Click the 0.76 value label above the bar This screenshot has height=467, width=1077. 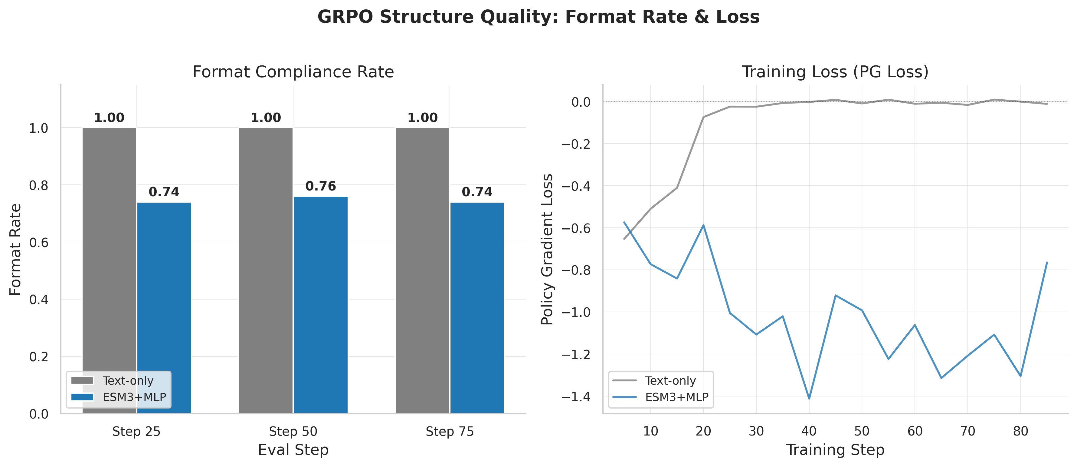(321, 186)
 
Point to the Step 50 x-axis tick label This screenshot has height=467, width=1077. (293, 432)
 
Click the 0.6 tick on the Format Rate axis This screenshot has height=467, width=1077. (38, 243)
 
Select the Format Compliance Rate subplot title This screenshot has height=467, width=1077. (293, 72)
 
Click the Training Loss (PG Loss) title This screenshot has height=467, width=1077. (835, 72)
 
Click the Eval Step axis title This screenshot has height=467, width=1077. (293, 450)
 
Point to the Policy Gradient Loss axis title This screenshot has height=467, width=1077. (547, 250)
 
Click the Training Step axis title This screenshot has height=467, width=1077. (835, 450)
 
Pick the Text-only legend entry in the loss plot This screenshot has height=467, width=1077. (670, 381)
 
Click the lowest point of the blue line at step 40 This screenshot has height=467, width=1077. (809, 398)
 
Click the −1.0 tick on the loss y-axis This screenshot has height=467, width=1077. (576, 313)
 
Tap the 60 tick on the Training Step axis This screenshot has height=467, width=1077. (915, 432)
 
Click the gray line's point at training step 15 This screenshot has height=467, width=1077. (677, 187)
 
